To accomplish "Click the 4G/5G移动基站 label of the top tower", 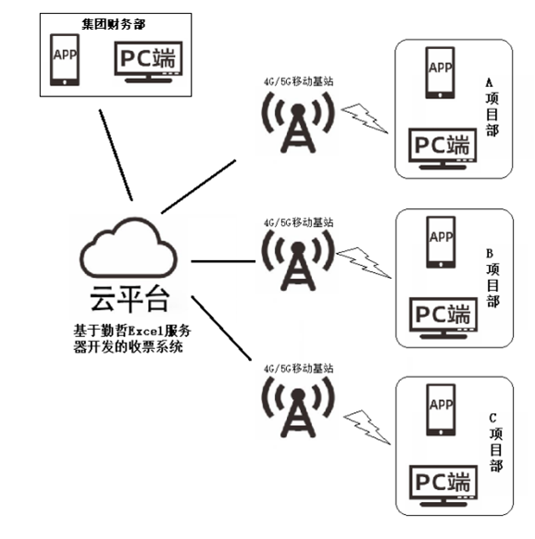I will pyautogui.click(x=298, y=82).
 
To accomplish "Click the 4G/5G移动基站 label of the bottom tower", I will pyautogui.click(x=298, y=368).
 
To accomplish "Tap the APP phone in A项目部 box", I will pyautogui.click(x=441, y=73).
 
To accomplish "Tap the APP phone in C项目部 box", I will pyautogui.click(x=441, y=413).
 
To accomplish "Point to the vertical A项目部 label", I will pyautogui.click(x=491, y=108).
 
